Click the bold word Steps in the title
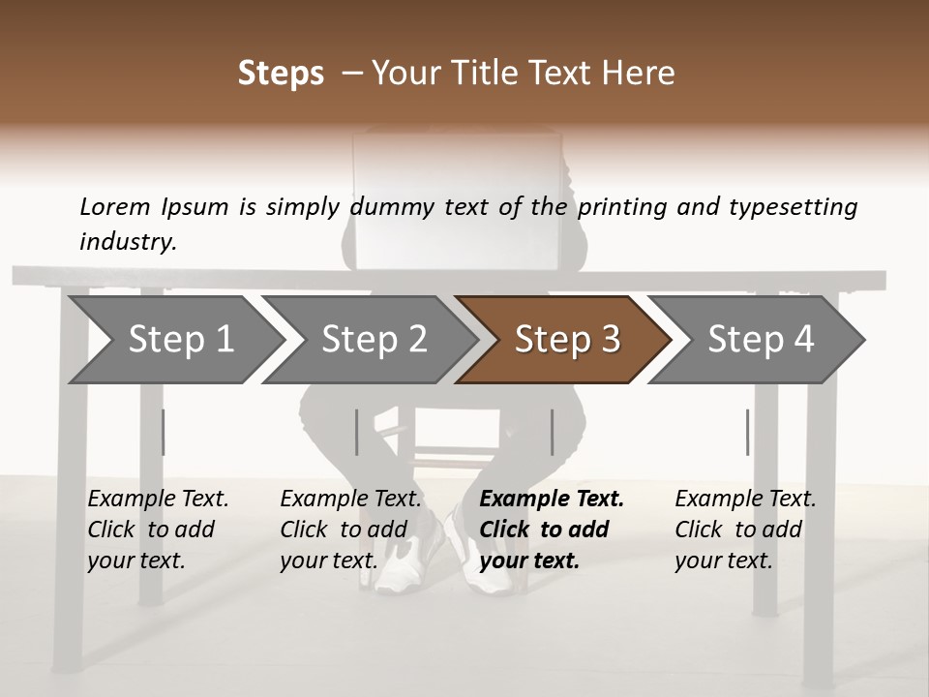click(x=281, y=74)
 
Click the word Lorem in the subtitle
click(x=115, y=207)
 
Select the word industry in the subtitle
click(x=127, y=242)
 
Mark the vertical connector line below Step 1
click(x=164, y=432)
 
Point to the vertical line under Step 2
click(x=357, y=432)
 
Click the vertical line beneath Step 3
click(x=552, y=432)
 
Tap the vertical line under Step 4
click(x=747, y=432)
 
